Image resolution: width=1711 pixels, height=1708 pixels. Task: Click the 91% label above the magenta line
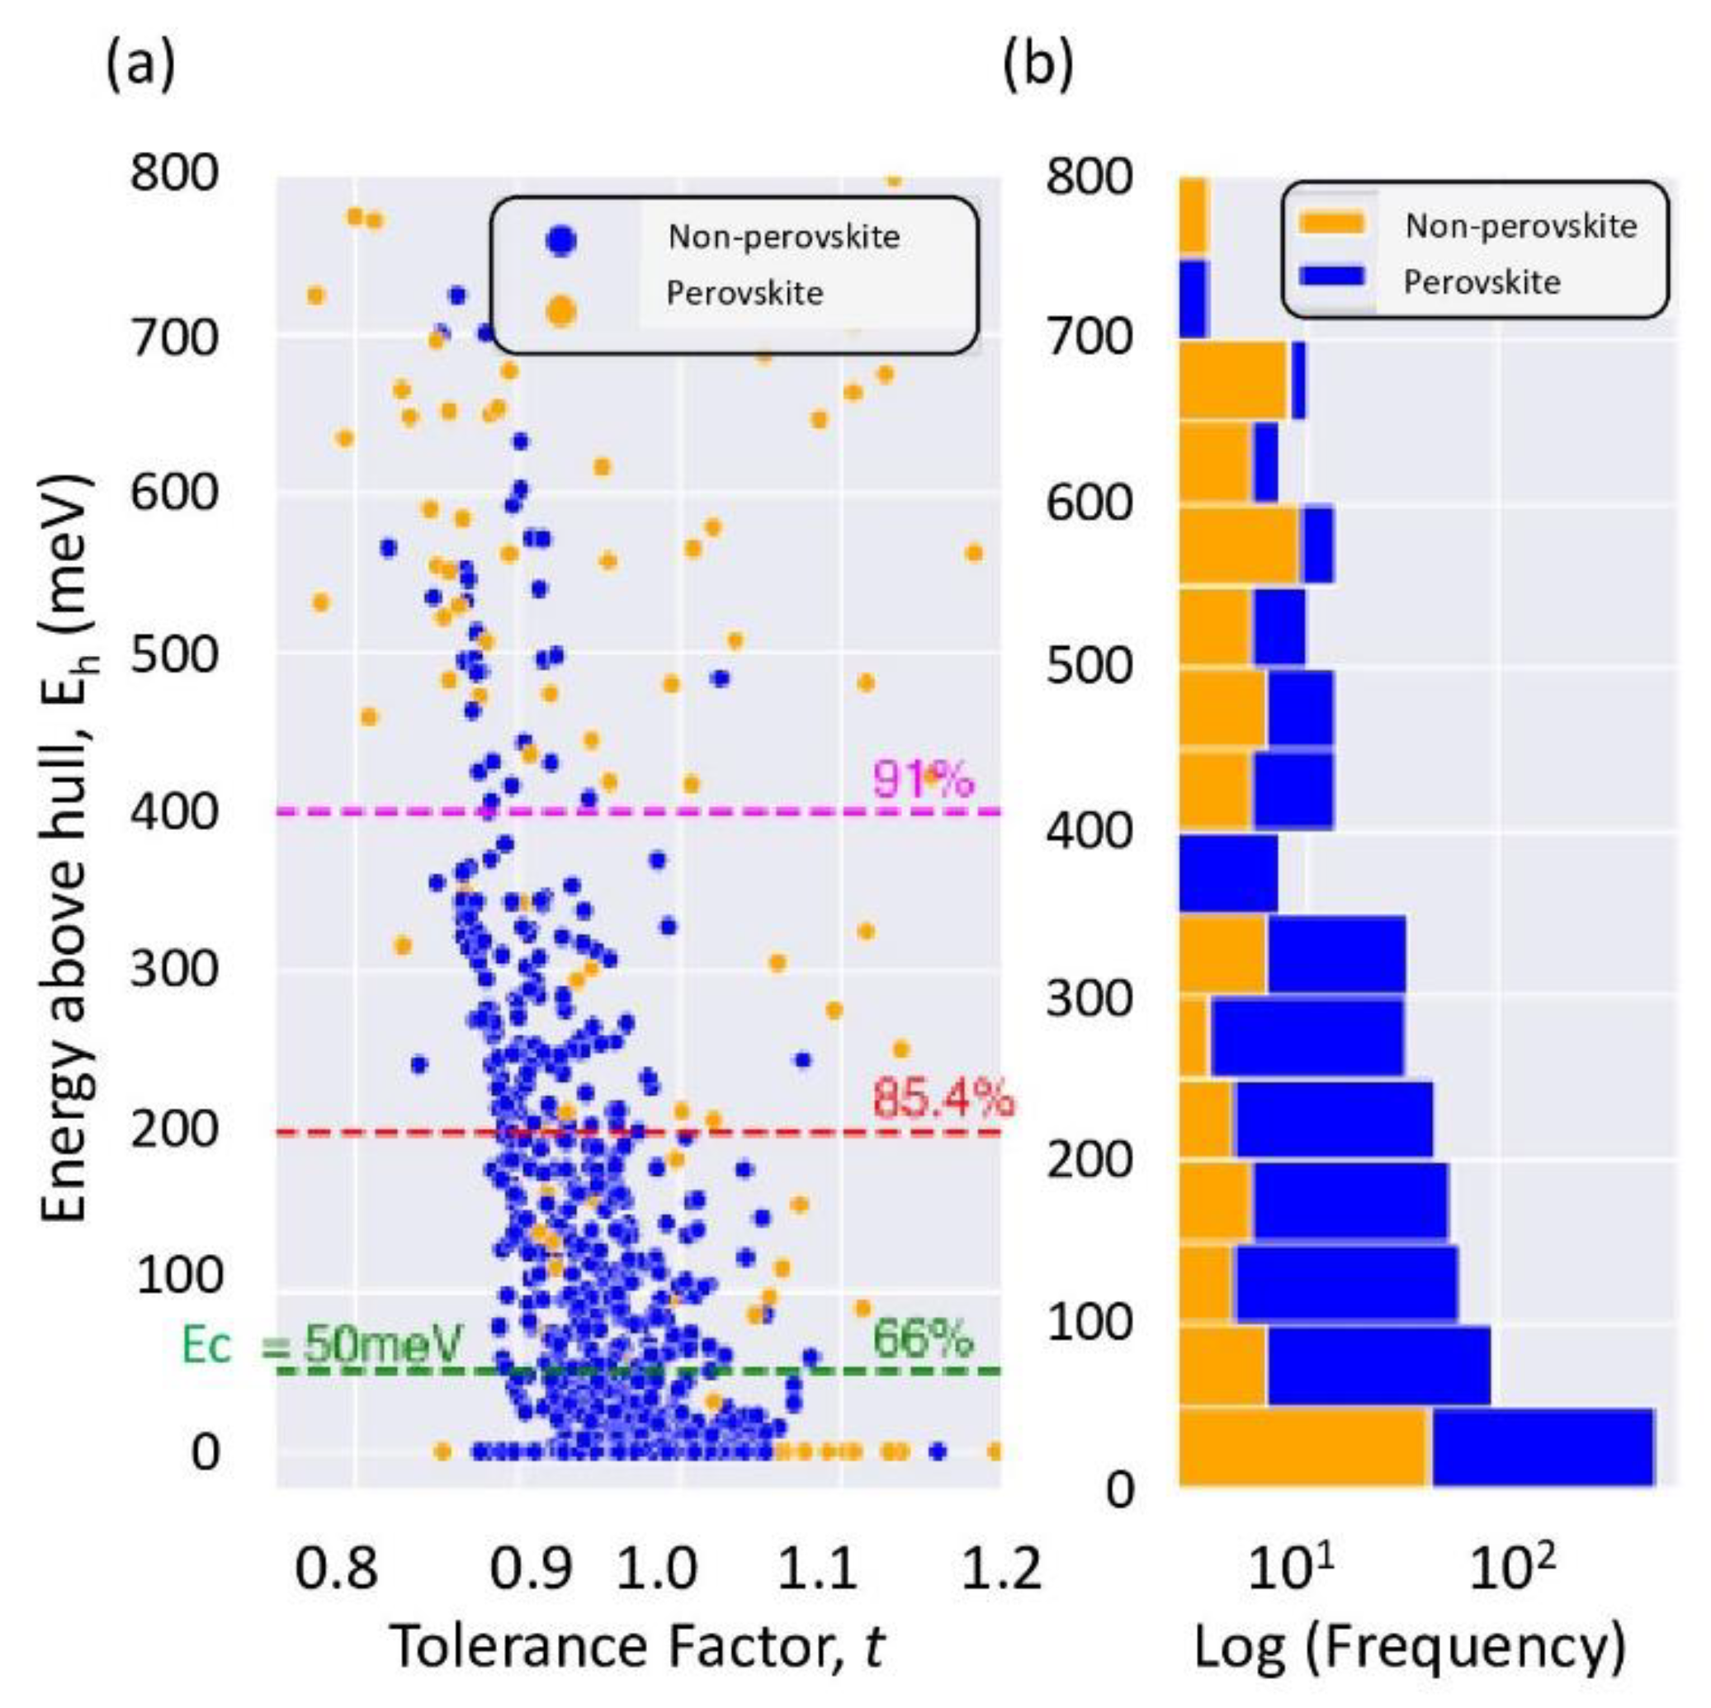click(923, 780)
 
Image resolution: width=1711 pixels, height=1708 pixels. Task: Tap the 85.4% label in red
click(943, 1099)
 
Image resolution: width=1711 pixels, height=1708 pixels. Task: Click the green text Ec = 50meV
click(320, 1346)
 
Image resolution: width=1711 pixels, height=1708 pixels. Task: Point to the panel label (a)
click(140, 65)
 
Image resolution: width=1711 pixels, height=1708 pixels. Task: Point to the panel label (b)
click(1038, 65)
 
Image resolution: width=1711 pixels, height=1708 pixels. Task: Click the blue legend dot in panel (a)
click(561, 240)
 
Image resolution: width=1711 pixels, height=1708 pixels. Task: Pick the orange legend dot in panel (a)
click(561, 311)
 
